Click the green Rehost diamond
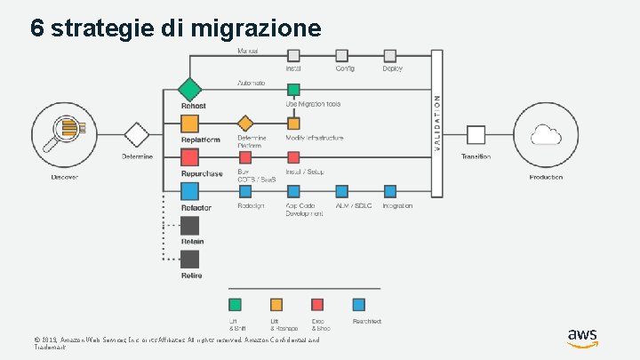[x=190, y=89]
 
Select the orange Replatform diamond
[x=190, y=124]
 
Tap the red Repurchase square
[x=190, y=157]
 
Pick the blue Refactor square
[x=190, y=191]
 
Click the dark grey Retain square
[x=190, y=226]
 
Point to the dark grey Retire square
[x=190, y=260]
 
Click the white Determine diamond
[x=137, y=135]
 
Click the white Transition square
[x=476, y=135]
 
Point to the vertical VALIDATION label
[x=436, y=116]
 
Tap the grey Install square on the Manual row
[x=293, y=55]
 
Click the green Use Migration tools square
[x=293, y=89]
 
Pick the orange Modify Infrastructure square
[x=293, y=124]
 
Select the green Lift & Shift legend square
[x=235, y=304]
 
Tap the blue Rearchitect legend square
[x=358, y=304]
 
